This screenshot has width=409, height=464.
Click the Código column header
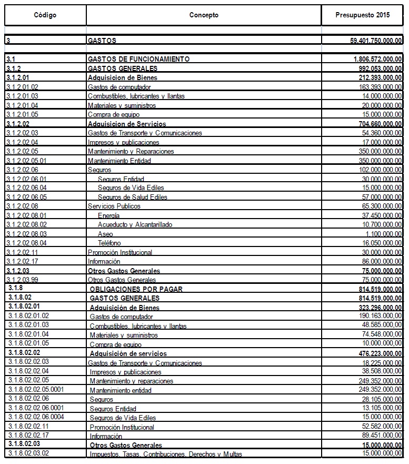click(45, 15)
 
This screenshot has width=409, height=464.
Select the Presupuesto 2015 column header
click(362, 15)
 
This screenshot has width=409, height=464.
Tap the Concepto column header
click(204, 15)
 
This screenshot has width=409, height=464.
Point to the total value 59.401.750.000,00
click(369, 41)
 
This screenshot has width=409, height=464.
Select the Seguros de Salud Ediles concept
click(132, 197)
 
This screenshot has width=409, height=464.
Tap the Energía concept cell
click(108, 215)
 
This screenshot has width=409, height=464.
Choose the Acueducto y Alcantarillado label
click(136, 225)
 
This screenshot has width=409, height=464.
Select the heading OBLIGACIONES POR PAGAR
click(136, 289)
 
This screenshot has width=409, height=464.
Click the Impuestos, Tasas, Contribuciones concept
click(166, 454)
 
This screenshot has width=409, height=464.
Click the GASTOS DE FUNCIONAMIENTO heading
click(139, 59)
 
